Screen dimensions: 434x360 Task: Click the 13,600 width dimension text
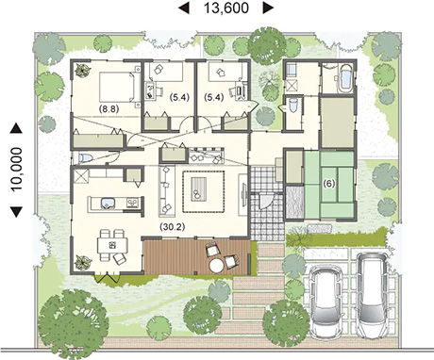[x=226, y=8]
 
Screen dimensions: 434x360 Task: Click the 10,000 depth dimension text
[x=16, y=170]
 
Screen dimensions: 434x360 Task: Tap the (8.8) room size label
[x=108, y=109]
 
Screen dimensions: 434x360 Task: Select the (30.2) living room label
[x=172, y=226]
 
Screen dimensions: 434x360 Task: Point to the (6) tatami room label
[x=329, y=184]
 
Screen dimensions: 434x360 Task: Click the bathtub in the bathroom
[x=345, y=78]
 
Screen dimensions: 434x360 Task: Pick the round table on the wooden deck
[x=217, y=266]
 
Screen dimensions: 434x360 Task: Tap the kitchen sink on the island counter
[x=108, y=204]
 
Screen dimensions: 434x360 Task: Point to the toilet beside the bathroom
[x=293, y=105]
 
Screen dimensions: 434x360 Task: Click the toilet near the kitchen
[x=84, y=157]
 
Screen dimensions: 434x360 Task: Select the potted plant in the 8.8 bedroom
[x=82, y=71]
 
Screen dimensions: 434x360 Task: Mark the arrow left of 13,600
[x=184, y=8]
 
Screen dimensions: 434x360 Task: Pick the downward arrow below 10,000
[x=16, y=212]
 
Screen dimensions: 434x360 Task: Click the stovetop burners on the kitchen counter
[x=132, y=203]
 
